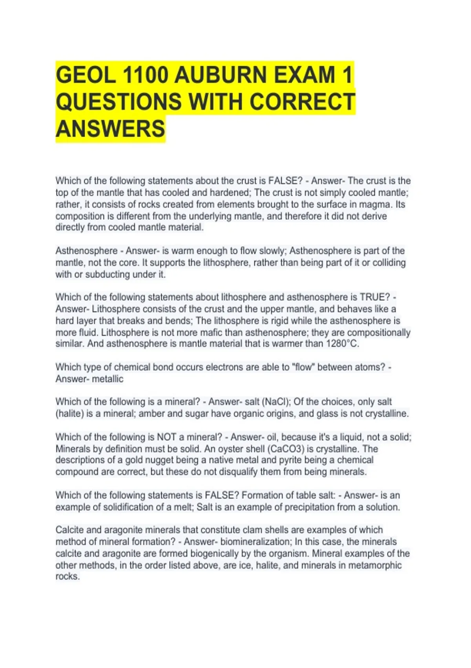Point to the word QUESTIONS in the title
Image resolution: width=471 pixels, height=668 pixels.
(119, 101)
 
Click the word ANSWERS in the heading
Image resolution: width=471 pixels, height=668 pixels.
(110, 128)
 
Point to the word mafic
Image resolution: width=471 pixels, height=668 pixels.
(212, 332)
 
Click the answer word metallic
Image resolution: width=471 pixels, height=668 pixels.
(107, 379)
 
